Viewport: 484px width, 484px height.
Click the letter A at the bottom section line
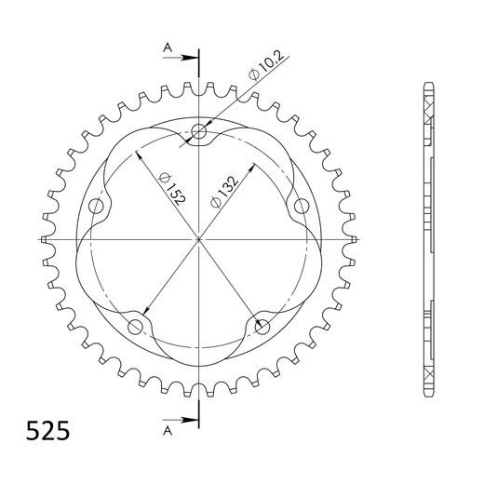click(x=166, y=432)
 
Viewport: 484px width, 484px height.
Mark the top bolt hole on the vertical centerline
click(x=198, y=132)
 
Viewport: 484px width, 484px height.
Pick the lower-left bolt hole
click(x=136, y=326)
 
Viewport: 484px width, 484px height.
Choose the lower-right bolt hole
click(x=262, y=326)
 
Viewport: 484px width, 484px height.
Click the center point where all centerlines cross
click(x=198, y=240)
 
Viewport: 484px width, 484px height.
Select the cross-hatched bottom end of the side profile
click(x=428, y=377)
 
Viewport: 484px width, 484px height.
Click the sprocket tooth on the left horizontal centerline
click(x=47, y=240)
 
